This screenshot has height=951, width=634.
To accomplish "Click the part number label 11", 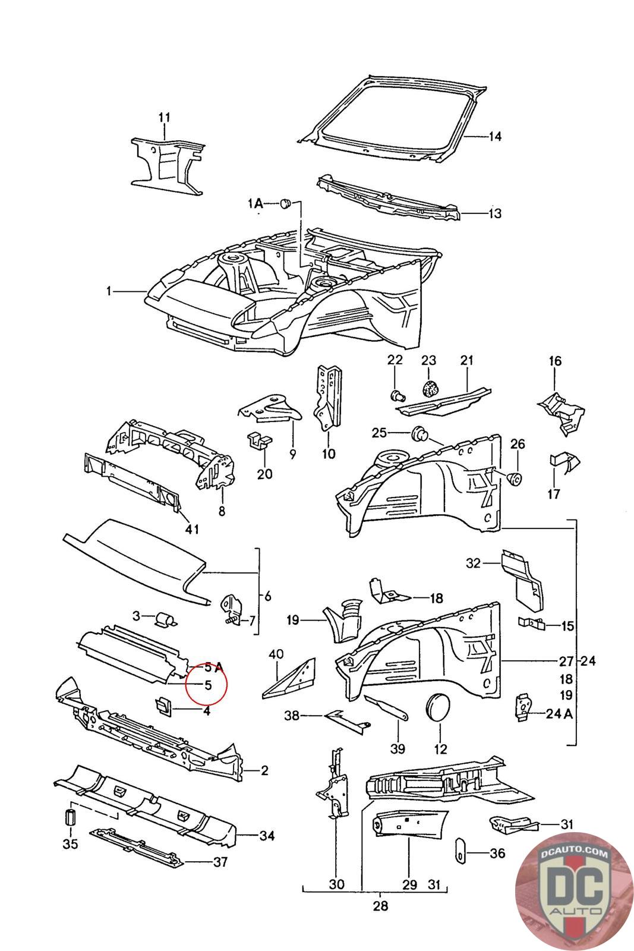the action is [x=164, y=118].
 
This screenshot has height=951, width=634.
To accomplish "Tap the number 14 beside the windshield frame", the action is [x=495, y=137].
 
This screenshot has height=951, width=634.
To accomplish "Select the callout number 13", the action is [x=495, y=213].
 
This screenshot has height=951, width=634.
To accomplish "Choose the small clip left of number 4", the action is [x=163, y=706].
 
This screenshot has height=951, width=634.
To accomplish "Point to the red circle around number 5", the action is [x=207, y=684].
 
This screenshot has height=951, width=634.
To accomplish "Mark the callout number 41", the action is [x=192, y=529].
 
